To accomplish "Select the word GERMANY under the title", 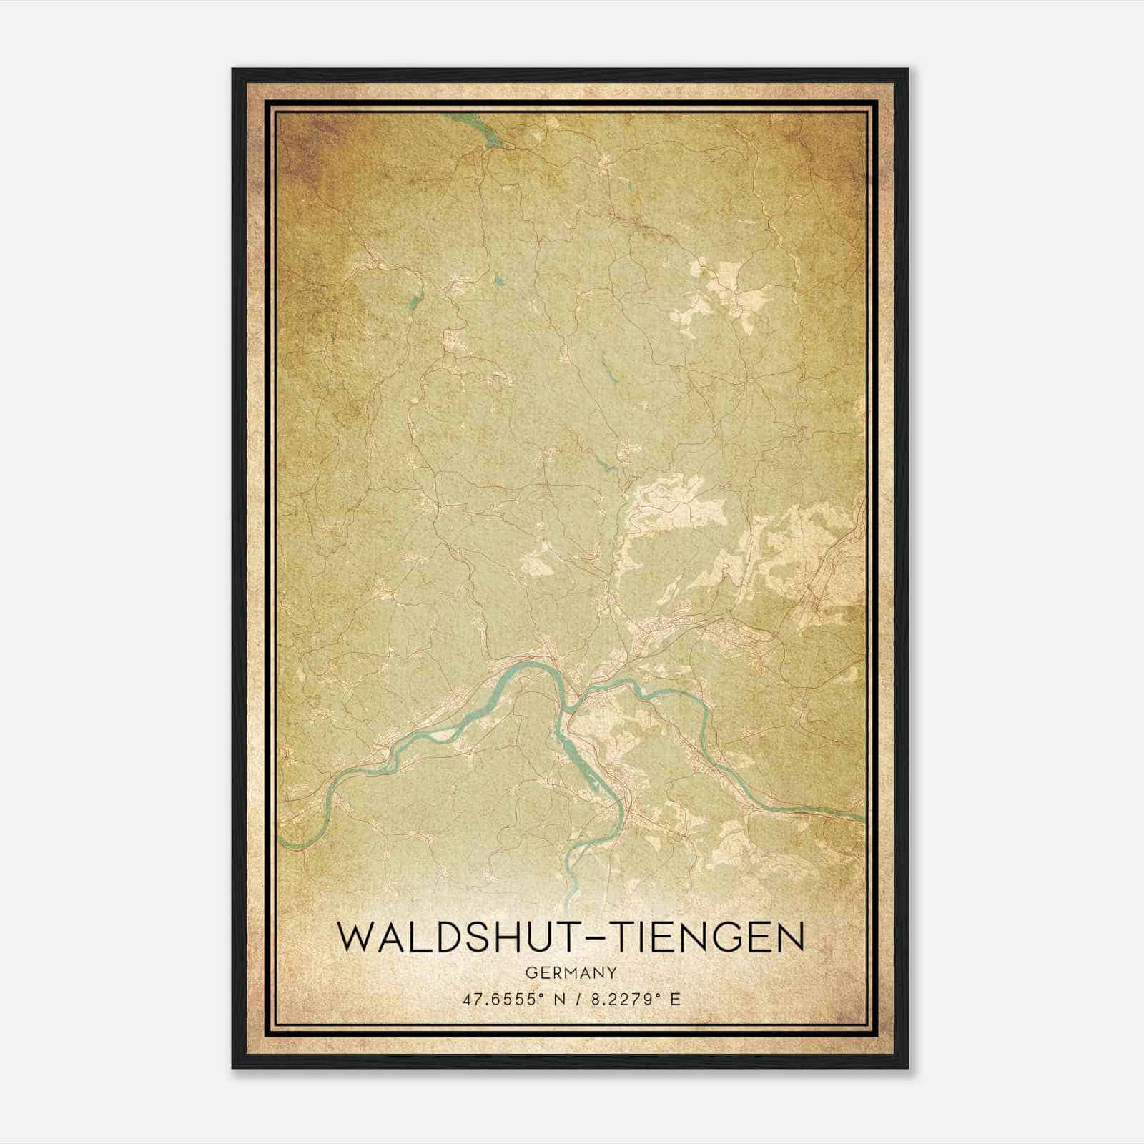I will pos(571,972).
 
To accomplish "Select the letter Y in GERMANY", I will pos(612,972).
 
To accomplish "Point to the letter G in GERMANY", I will pos(530,972).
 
